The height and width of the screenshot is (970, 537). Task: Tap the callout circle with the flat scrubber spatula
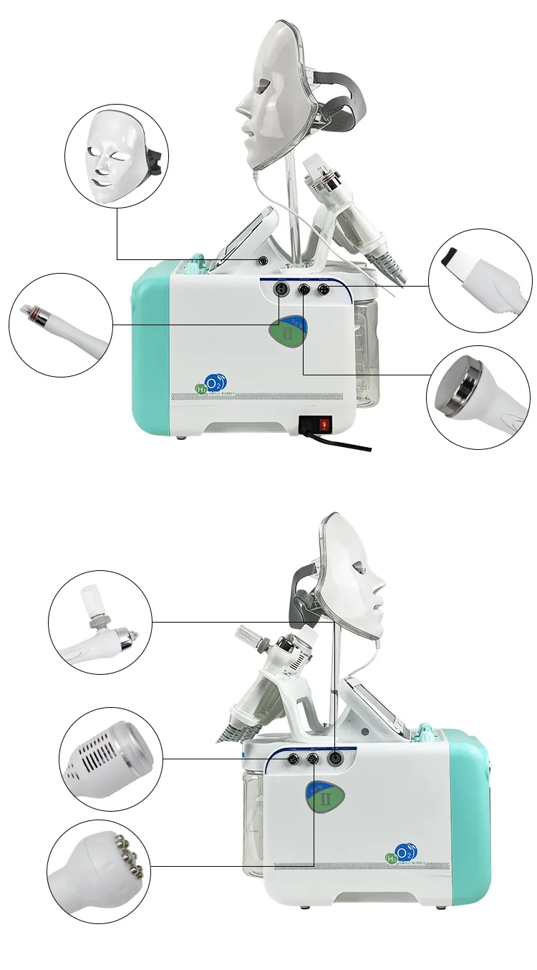coord(480,280)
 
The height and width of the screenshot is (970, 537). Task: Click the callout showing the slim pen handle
coord(61,325)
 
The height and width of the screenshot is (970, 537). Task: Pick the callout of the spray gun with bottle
coord(100,621)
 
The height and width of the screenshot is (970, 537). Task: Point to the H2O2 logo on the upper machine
coord(208,383)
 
